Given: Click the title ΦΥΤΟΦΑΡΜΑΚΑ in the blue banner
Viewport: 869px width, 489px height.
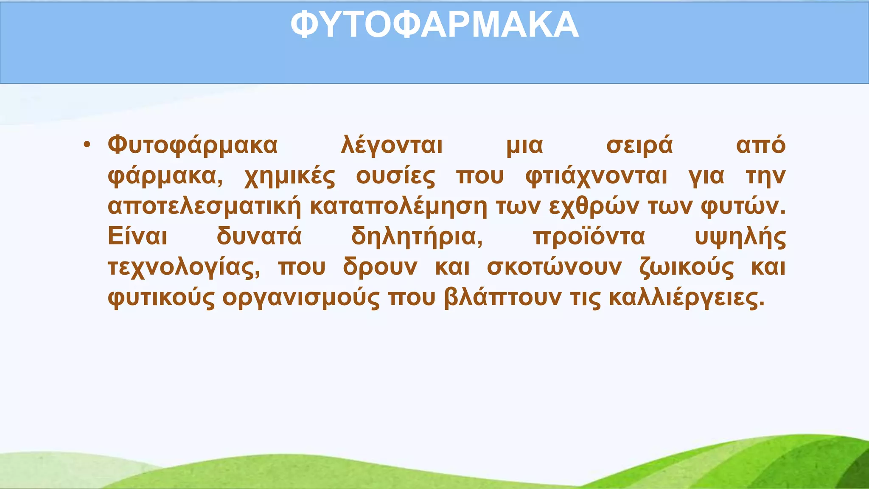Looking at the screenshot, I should (434, 25).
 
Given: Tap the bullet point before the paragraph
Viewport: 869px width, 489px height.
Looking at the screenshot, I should (87, 145).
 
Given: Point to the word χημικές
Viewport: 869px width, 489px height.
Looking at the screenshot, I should (290, 177).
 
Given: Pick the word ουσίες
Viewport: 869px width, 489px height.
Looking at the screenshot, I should (395, 177).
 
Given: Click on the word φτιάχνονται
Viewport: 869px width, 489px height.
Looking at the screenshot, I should (596, 177).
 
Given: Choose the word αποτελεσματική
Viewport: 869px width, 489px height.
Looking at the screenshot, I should (205, 207).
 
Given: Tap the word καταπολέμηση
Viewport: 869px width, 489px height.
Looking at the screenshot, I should (399, 207).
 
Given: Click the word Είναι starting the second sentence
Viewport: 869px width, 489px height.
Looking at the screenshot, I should (137, 236).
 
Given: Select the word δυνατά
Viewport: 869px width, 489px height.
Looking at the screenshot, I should (259, 236).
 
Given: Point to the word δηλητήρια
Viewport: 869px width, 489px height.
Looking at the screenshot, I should (417, 237).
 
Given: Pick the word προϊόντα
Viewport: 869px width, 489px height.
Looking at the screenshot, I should (589, 236).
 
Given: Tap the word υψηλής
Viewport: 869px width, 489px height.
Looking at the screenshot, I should (740, 237).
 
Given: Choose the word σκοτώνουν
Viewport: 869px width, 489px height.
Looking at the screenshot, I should (554, 268).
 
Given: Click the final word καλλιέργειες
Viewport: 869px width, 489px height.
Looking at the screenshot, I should (686, 298).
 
